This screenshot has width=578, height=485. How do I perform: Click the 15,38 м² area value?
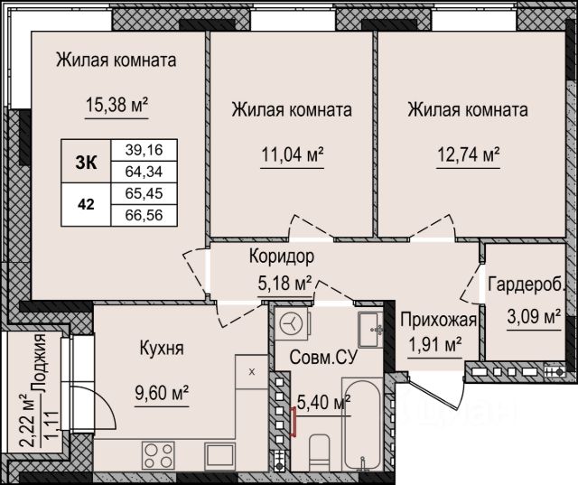(117, 105)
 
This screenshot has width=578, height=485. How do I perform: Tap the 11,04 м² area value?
(293, 154)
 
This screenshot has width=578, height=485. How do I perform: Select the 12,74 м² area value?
(468, 154)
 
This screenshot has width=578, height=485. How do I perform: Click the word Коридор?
(282, 256)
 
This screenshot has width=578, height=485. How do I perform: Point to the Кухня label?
(162, 348)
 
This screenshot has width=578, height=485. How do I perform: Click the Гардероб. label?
(527, 284)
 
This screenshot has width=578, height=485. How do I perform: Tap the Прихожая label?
(439, 320)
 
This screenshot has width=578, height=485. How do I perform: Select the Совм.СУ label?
(323, 357)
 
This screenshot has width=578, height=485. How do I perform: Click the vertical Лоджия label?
(39, 363)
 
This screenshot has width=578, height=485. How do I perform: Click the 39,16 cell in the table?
(144, 150)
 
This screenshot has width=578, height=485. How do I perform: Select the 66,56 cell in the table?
(144, 215)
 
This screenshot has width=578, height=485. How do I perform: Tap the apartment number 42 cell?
(86, 204)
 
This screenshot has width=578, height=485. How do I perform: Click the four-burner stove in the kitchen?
(159, 455)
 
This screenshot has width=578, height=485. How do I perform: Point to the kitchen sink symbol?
(219, 455)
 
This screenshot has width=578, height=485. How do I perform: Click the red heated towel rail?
(294, 422)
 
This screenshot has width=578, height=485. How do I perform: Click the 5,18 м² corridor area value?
(284, 284)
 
